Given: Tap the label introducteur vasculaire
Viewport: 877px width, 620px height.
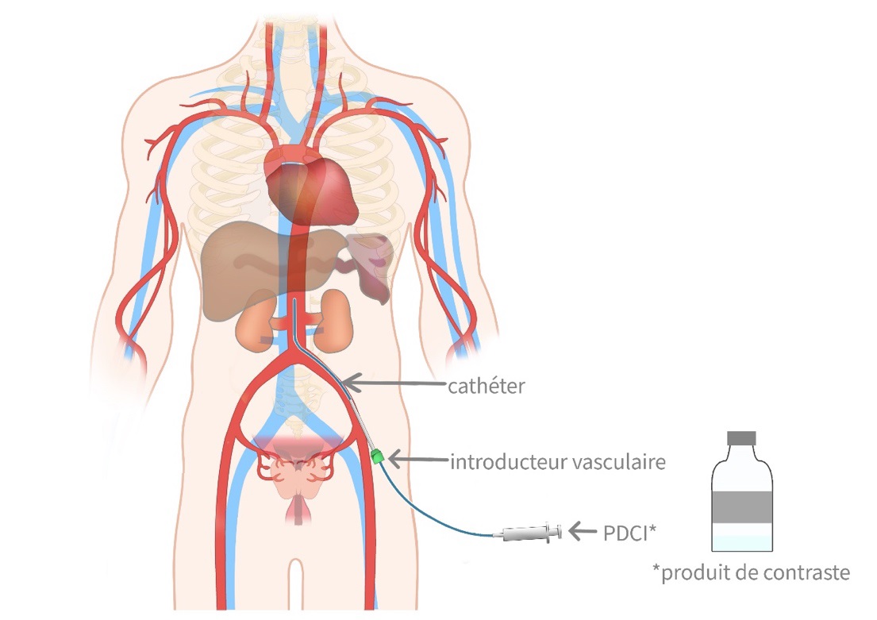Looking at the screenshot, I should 557,461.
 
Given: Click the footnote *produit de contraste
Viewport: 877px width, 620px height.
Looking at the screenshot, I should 750,572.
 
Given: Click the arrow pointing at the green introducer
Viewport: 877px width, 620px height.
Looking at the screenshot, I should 416,459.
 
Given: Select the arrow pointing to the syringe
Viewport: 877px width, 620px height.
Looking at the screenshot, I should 587,530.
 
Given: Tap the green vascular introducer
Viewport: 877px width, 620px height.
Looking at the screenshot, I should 377,456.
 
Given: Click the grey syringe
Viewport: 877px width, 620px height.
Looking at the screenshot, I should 528,533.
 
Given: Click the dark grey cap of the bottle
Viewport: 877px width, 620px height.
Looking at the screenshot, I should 743,437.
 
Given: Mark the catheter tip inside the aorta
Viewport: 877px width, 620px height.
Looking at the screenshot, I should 295,301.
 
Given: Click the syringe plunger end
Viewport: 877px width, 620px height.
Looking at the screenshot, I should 560,531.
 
